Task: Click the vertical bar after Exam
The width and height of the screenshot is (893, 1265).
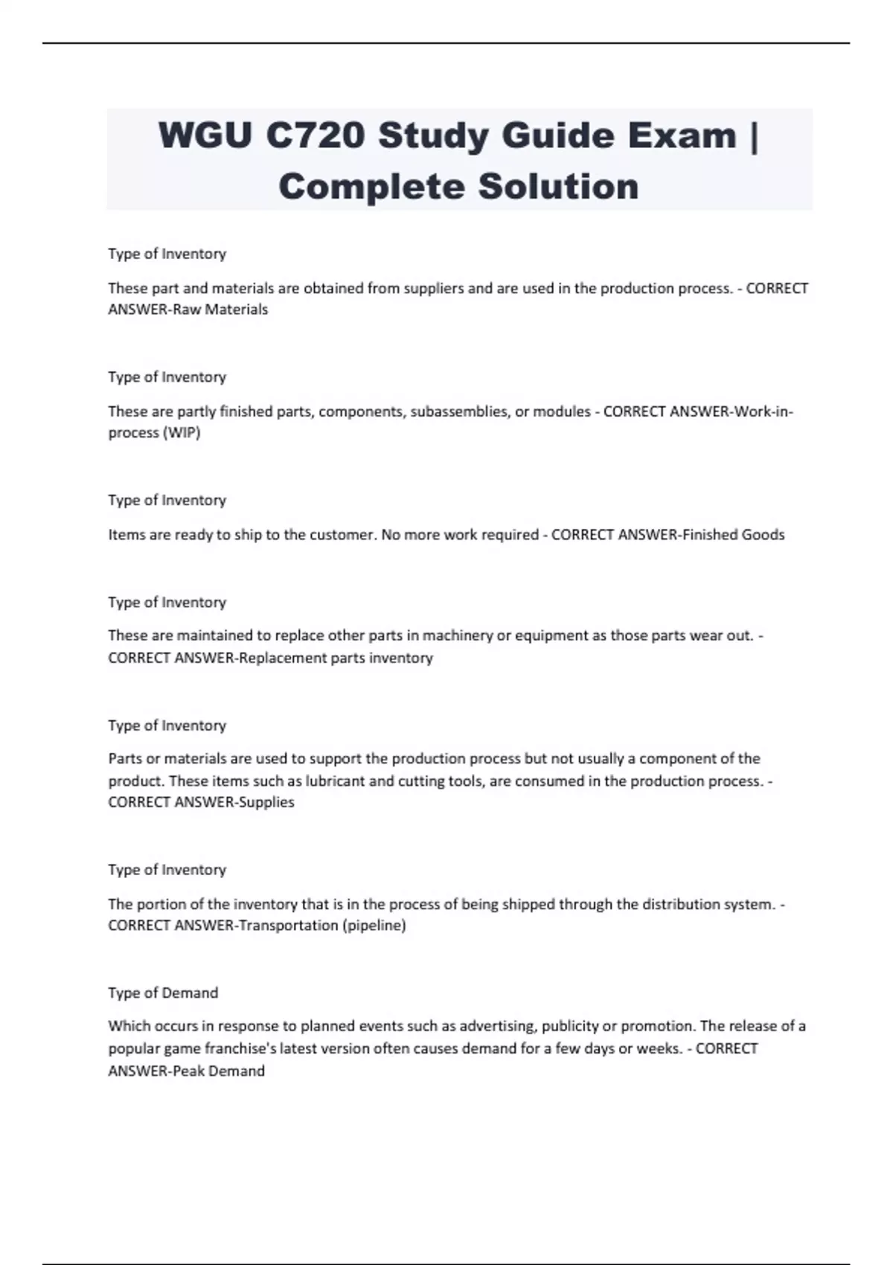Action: (755, 137)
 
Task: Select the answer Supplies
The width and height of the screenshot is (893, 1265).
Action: (266, 802)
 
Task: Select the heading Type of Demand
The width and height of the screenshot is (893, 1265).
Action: (163, 993)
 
